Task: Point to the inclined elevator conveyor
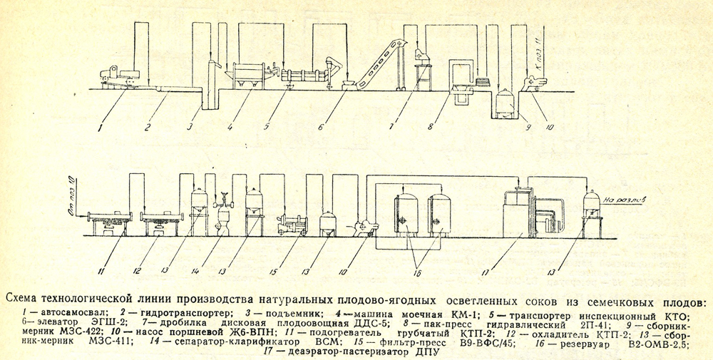click(376, 64)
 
